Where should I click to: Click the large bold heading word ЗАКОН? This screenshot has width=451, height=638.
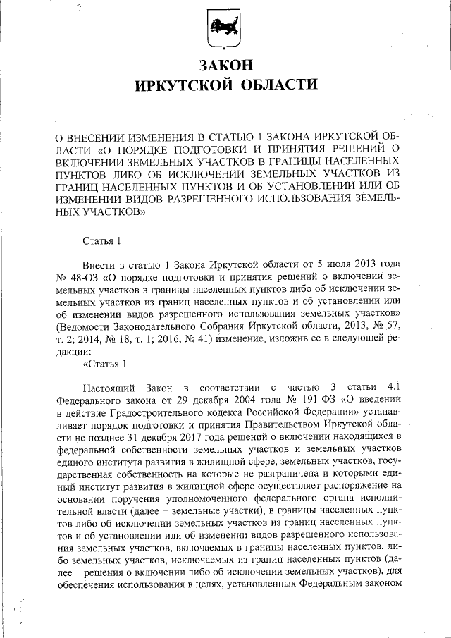pyautogui.click(x=225, y=66)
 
